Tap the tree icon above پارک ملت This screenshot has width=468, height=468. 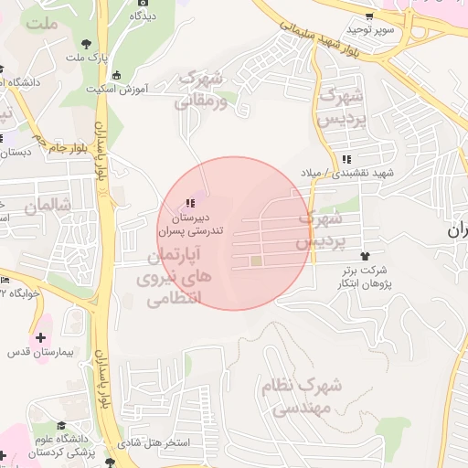(86, 43)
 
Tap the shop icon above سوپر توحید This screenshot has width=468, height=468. (367, 16)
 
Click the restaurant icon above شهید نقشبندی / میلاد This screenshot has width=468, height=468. (345, 160)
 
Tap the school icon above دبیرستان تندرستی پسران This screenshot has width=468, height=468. (189, 203)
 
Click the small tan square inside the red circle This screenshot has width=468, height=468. (257, 263)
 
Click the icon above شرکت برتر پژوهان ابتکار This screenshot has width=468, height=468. (367, 256)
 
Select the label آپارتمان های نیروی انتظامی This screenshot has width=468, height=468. (177, 274)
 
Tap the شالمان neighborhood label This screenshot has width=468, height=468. (48, 207)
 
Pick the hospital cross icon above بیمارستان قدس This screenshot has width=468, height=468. (40, 337)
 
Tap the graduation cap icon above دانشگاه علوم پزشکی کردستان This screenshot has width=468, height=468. (60, 426)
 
